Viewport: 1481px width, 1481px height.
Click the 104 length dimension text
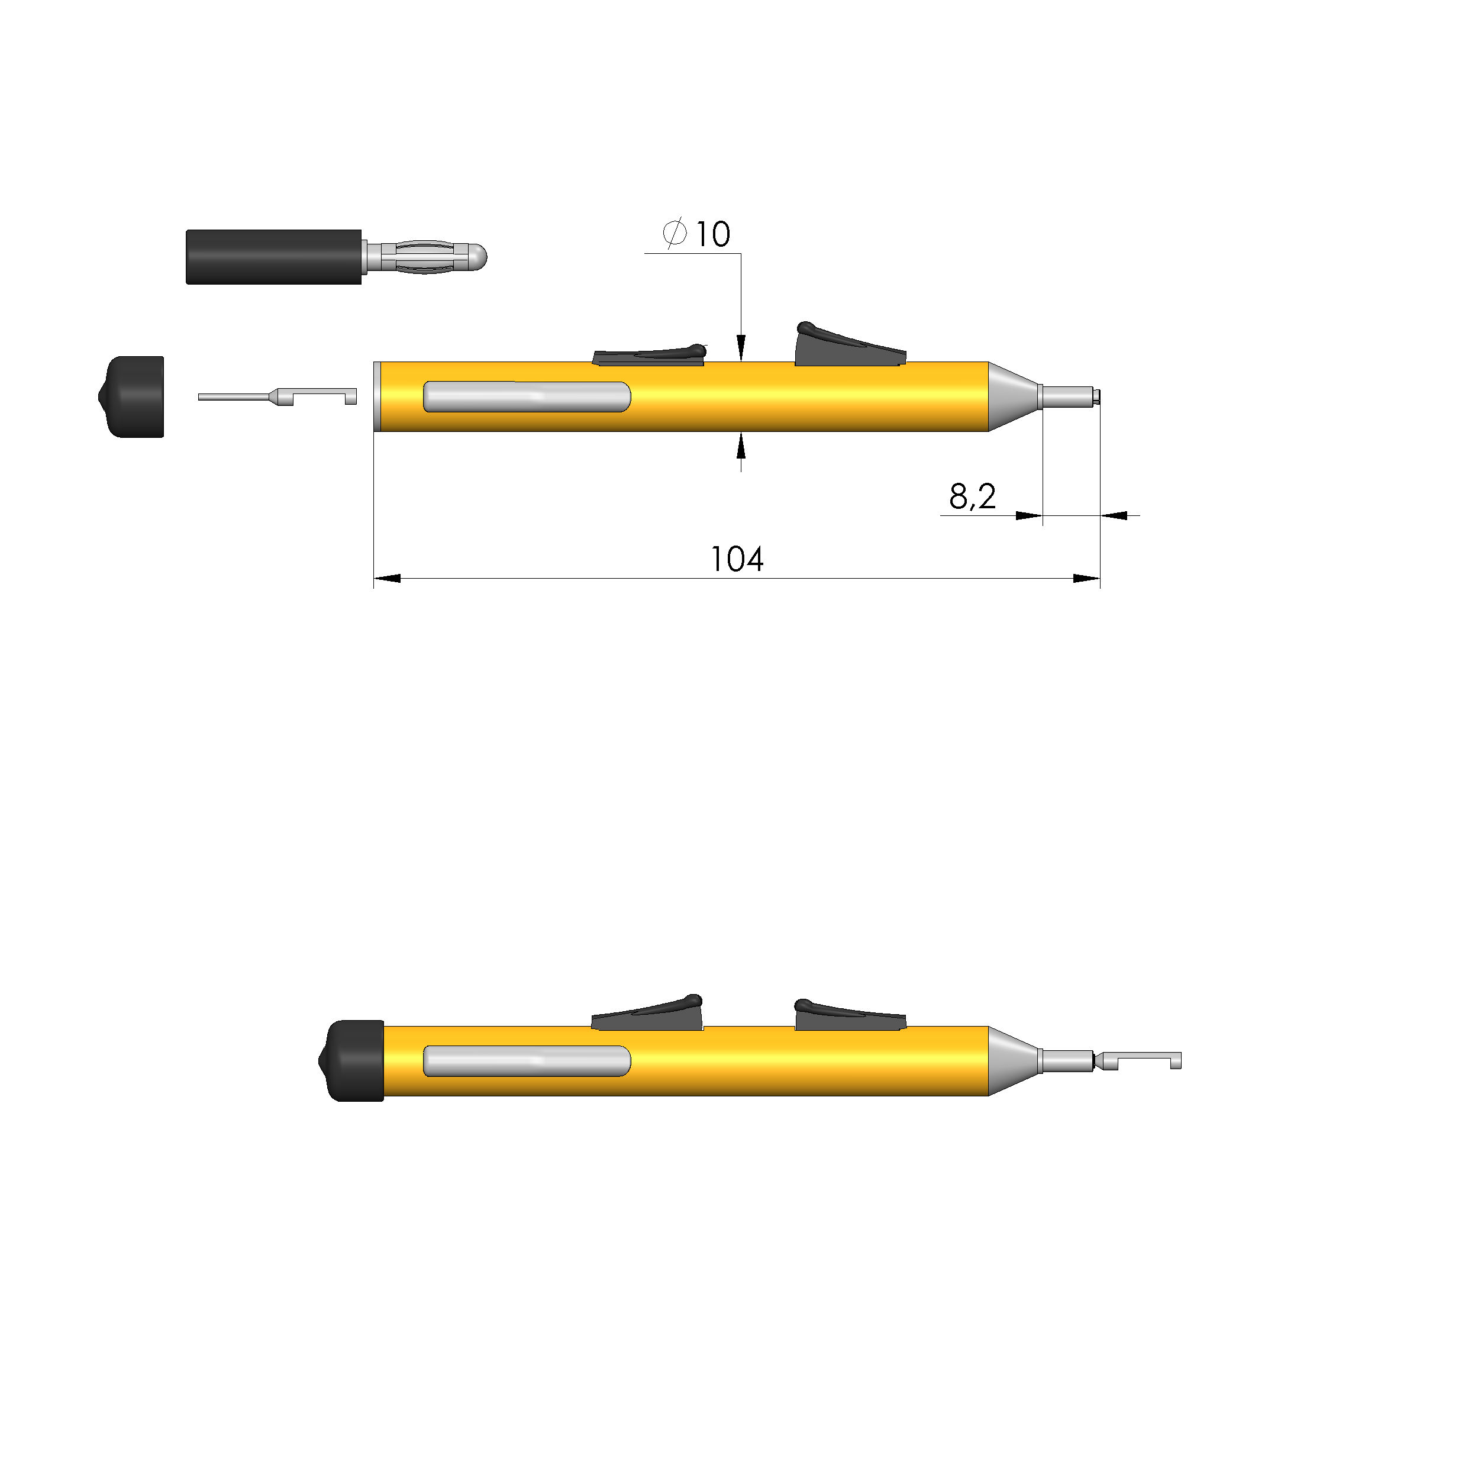pyautogui.click(x=737, y=560)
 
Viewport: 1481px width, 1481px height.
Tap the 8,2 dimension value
pyautogui.click(x=972, y=497)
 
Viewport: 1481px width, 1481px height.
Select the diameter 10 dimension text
pyautogui.click(x=712, y=234)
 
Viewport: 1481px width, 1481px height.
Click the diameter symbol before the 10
pyautogui.click(x=674, y=233)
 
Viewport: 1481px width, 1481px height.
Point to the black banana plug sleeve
pyautogui.click(x=274, y=257)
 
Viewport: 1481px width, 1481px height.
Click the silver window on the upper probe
pyautogui.click(x=527, y=397)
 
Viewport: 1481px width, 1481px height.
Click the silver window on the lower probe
pyautogui.click(x=527, y=1061)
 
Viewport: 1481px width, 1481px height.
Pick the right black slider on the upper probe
pyautogui.click(x=847, y=349)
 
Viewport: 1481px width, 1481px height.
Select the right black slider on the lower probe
pyautogui.click(x=847, y=1017)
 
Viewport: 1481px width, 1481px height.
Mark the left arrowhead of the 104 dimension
pyautogui.click(x=387, y=578)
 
